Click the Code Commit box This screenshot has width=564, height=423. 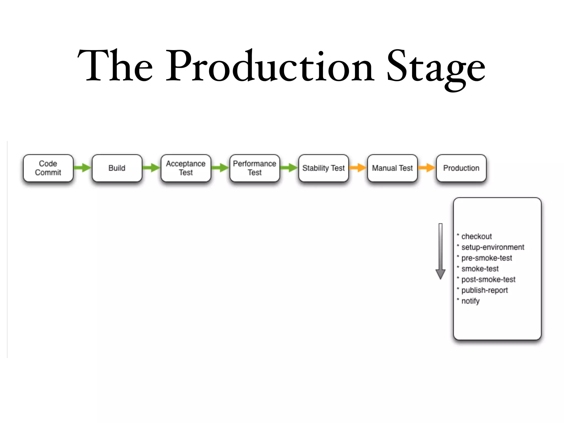[x=48, y=168]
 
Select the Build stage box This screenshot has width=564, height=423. [x=117, y=168]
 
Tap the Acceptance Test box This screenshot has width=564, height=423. [x=186, y=168]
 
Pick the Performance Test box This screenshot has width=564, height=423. [x=255, y=168]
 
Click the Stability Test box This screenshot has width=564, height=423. [x=324, y=168]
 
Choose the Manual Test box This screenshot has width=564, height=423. [x=392, y=168]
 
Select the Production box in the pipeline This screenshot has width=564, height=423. [x=461, y=168]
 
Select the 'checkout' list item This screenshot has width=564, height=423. [x=476, y=237]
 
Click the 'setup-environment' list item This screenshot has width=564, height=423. [x=492, y=247]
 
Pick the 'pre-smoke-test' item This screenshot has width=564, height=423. [x=486, y=258]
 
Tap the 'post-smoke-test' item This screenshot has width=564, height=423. [x=488, y=280]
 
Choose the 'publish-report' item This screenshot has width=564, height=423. [x=484, y=290]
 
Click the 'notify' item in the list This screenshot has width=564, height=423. [x=470, y=301]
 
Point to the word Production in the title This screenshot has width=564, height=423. [x=270, y=66]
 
